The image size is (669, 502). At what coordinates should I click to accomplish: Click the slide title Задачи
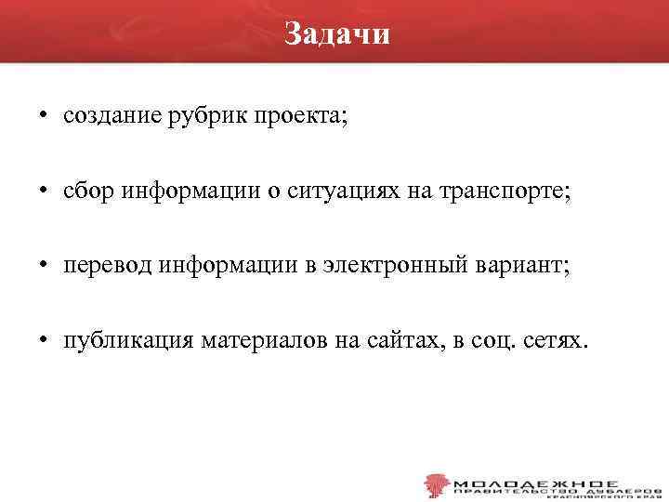pyautogui.click(x=337, y=33)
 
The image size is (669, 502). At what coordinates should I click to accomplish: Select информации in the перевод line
pyautogui.click(x=220, y=266)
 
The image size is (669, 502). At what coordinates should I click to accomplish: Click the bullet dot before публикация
pyautogui.click(x=44, y=340)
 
